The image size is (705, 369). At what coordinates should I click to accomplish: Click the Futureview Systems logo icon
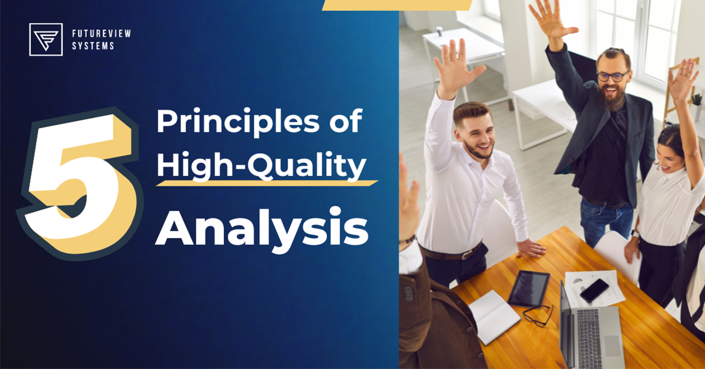(46, 39)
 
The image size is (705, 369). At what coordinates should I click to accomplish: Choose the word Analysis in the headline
(262, 226)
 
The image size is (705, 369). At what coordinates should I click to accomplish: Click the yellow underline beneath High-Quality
(267, 183)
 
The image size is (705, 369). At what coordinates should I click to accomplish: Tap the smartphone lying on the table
(594, 290)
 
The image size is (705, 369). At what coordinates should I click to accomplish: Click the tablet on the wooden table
(528, 288)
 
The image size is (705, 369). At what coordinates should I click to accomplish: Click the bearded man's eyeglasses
(612, 76)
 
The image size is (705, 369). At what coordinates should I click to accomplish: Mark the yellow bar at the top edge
(397, 5)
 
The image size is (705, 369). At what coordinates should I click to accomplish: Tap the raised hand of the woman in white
(683, 79)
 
